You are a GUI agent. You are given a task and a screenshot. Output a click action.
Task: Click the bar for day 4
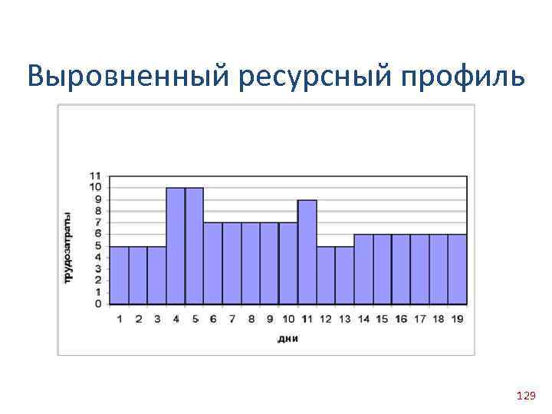(x=176, y=245)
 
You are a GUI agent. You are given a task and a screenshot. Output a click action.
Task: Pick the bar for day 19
(x=457, y=268)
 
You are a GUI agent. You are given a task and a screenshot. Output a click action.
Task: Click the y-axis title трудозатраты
(x=68, y=247)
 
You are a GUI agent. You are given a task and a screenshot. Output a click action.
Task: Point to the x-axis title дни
(x=287, y=338)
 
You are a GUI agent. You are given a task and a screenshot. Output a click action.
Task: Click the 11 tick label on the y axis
(x=96, y=176)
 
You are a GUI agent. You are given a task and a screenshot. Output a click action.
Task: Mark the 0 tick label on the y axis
(x=99, y=304)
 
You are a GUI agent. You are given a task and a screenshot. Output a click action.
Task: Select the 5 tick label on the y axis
(x=99, y=245)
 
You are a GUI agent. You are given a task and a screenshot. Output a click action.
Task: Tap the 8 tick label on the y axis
(x=99, y=211)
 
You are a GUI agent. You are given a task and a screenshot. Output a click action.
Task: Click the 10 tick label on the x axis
(x=287, y=319)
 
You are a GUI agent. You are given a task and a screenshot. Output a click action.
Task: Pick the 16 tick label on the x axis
(x=400, y=319)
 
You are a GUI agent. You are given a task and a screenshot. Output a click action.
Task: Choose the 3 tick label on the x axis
(x=157, y=319)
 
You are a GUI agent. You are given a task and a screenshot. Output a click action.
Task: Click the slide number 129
(x=526, y=396)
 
